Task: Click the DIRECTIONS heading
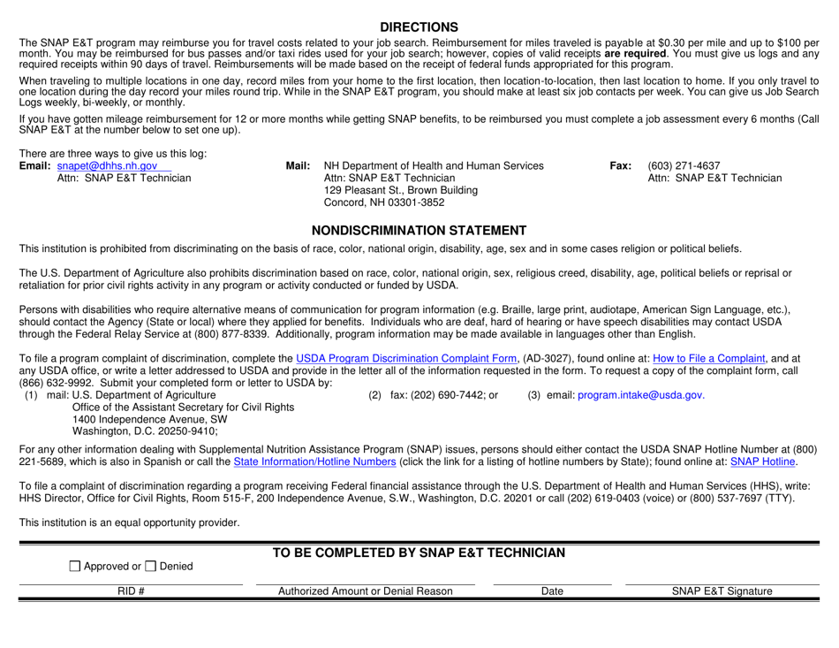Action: pos(419,27)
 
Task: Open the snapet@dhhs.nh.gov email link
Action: pos(107,165)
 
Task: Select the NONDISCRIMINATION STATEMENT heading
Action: pos(419,231)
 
